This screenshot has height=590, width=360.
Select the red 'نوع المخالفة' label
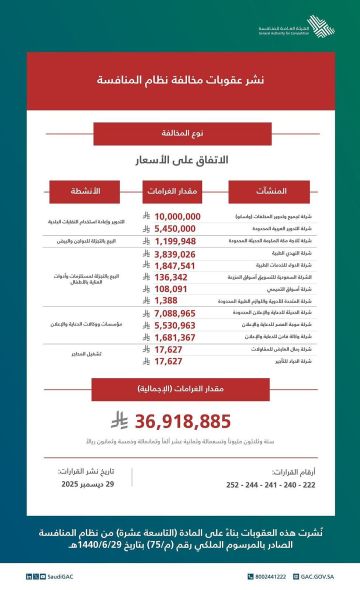pos(180,132)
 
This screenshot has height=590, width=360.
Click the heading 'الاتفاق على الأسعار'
pos(180,159)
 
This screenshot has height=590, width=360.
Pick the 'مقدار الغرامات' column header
pos(180,190)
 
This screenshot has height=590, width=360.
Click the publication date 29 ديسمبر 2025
pos(84,482)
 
